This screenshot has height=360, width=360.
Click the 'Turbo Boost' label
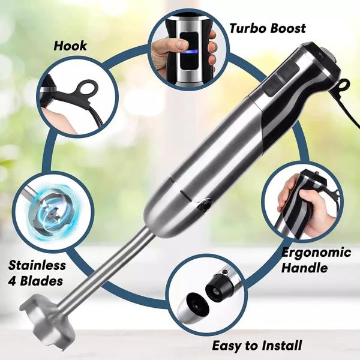pos(268,28)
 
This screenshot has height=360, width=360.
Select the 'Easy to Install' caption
pos(257,346)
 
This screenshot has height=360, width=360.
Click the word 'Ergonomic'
pos(316,252)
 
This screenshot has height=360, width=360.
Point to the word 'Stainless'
pos(37,265)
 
